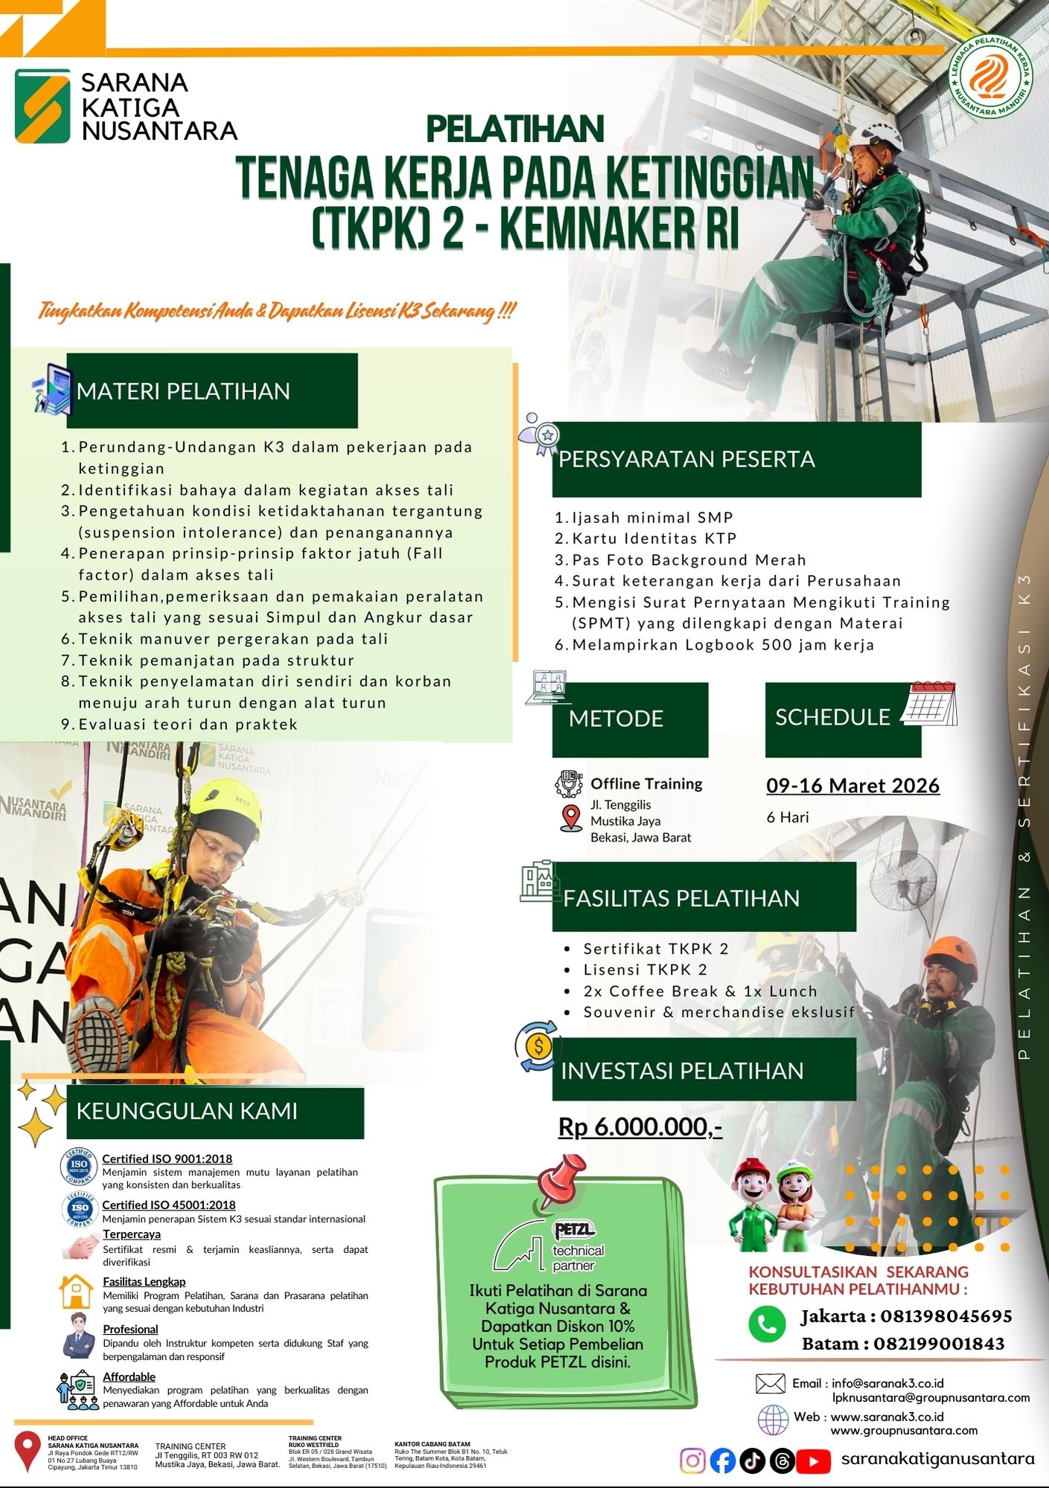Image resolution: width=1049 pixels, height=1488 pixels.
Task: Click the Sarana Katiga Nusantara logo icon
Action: [42, 106]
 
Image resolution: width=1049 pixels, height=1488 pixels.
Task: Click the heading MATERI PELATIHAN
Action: [183, 391]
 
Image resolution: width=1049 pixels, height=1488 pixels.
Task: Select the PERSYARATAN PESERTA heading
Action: [686, 459]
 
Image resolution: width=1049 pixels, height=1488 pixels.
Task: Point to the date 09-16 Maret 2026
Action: [852, 786]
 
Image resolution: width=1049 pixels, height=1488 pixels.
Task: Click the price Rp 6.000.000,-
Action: [640, 1127]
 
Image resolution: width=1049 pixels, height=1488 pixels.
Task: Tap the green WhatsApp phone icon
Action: [767, 1324]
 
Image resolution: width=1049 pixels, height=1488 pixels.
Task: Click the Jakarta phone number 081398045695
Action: [946, 1316]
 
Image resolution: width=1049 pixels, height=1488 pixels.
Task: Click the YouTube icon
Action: [813, 1461]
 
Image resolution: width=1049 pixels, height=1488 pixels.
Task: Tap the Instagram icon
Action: [692, 1461]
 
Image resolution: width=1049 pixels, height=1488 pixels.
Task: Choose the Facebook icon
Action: [722, 1461]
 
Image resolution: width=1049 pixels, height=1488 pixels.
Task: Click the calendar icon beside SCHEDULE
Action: [930, 704]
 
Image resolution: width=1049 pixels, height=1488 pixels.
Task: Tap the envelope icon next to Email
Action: [770, 1383]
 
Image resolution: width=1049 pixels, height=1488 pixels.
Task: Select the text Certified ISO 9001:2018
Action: [167, 1158]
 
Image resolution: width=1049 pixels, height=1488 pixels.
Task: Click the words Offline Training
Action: [646, 783]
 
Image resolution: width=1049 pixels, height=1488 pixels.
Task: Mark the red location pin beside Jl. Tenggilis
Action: [571, 818]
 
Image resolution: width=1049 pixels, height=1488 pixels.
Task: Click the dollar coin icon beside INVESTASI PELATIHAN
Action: [538, 1046]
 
